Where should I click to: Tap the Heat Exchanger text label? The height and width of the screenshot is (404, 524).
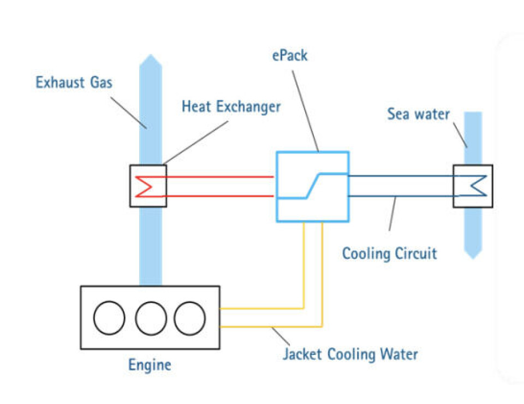(231, 106)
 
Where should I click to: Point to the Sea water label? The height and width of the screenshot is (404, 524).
(419, 114)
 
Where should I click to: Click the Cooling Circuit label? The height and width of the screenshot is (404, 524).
(389, 253)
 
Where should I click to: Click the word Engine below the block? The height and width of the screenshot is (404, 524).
(150, 365)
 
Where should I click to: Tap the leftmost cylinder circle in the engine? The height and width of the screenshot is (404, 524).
(109, 318)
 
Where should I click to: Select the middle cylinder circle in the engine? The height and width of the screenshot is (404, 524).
(151, 318)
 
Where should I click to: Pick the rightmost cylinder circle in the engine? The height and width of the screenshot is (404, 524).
(190, 318)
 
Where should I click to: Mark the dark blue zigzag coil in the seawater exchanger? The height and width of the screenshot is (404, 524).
(477, 186)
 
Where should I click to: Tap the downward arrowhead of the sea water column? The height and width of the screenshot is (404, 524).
(473, 256)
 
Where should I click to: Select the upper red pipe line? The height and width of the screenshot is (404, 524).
(218, 177)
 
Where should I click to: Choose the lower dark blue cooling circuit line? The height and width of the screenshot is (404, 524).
(401, 196)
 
